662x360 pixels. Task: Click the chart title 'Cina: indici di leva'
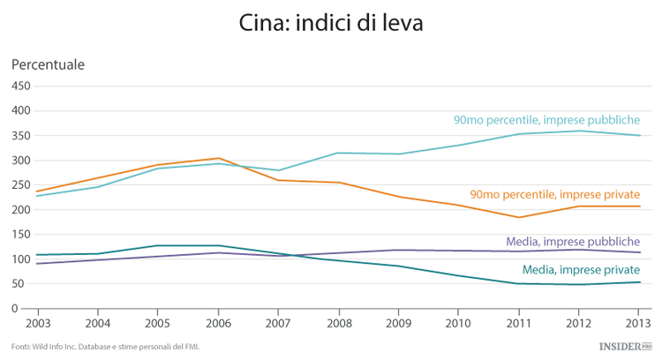(x=331, y=23)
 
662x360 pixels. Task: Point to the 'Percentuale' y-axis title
(x=48, y=64)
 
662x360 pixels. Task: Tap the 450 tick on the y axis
(x=20, y=86)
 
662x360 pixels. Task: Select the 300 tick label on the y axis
(x=20, y=161)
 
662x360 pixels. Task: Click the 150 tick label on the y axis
(x=20, y=235)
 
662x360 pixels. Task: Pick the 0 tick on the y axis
(x=27, y=309)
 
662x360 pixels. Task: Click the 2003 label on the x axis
(x=38, y=324)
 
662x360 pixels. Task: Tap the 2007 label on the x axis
(x=279, y=324)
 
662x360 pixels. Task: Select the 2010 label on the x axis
(x=458, y=324)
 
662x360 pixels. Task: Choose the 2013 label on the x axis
(x=637, y=324)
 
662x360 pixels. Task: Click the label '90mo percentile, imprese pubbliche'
(x=546, y=120)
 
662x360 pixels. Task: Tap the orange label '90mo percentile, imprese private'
(x=555, y=194)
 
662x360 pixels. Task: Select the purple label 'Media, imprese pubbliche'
(x=573, y=241)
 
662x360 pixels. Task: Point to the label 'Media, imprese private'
(x=581, y=270)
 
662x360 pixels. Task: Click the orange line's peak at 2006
(x=219, y=159)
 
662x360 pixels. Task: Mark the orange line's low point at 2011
(x=518, y=217)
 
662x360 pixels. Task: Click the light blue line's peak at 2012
(x=578, y=131)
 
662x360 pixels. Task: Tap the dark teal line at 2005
(x=159, y=245)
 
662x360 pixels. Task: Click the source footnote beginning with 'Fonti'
(x=106, y=347)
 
